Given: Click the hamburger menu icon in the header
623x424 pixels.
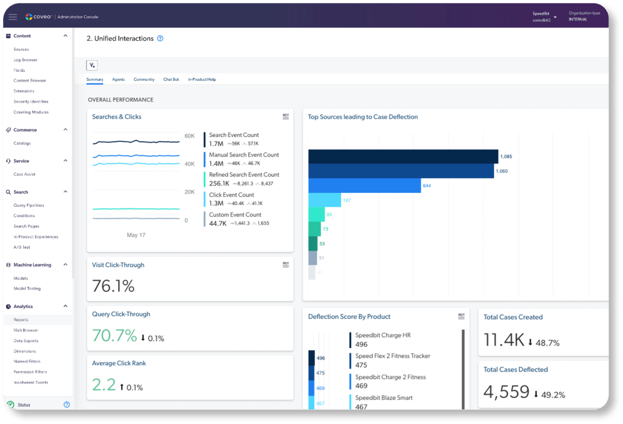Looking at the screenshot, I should coord(13,17).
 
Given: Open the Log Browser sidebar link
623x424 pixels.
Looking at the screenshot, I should coord(26,60).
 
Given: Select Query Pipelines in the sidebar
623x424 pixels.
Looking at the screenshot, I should coord(29,206).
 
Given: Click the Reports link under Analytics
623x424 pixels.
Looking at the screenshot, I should coord(21,320).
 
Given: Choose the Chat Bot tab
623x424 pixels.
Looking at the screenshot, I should coord(171,80).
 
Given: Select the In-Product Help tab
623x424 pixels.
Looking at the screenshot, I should coord(202,80).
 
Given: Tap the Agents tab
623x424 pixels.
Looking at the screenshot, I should coord(119,80).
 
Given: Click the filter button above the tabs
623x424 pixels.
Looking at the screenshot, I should coord(92,66).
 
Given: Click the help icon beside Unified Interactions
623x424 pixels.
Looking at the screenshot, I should coord(161,38).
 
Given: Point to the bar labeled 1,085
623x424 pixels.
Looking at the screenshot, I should coord(403,156).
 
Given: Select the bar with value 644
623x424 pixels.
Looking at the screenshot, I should coord(364,186).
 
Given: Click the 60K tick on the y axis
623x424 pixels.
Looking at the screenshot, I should coord(190,136).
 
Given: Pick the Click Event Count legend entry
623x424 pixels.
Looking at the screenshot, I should coord(231,195).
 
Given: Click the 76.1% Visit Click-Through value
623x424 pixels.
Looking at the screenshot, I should coord(113,286).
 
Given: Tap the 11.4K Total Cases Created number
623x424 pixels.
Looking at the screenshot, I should coord(504,340).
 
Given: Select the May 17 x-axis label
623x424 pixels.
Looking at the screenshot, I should coord(136,235).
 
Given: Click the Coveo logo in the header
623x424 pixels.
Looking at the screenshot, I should coord(40,16).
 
